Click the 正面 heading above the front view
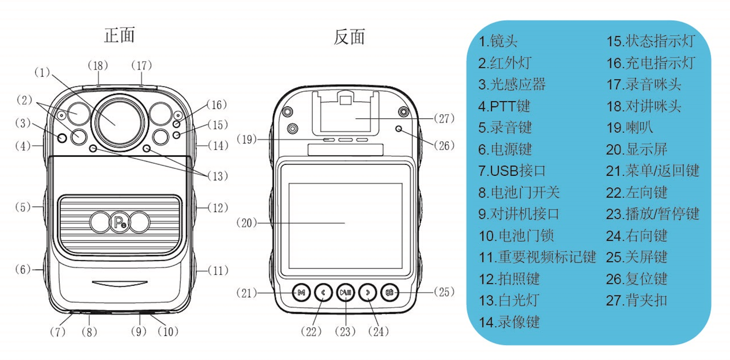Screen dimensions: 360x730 coord(120,35)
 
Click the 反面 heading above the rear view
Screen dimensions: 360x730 coord(349,37)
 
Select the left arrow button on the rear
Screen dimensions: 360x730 coord(323,293)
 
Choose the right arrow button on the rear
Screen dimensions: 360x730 coord(368,293)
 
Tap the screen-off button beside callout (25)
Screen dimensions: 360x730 coord(390,293)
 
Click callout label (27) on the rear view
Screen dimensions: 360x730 coord(444,119)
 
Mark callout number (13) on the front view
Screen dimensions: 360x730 coord(217,176)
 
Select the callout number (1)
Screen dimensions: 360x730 coord(43,73)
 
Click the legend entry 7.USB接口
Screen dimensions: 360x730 coord(512,171)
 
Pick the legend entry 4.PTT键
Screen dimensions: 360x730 coord(504,106)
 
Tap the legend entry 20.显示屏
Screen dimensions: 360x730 coord(637,149)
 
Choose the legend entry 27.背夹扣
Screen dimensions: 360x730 coord(637,300)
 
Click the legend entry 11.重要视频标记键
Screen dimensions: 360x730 coord(537,257)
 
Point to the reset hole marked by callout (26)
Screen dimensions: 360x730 coord(400,129)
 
